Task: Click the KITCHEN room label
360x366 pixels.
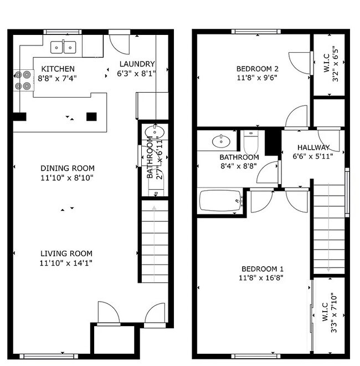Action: (58, 69)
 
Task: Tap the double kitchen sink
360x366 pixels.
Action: (63, 47)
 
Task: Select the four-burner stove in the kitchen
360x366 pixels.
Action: (24, 80)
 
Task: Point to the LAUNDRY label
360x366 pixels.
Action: (137, 64)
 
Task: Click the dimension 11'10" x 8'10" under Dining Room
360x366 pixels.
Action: (67, 178)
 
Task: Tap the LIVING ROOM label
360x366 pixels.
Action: (66, 253)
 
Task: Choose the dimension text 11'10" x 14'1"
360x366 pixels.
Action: (66, 263)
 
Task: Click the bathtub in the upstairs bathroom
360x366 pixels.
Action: (220, 201)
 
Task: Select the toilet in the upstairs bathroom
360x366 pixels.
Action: (251, 141)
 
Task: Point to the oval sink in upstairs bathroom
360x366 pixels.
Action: (221, 141)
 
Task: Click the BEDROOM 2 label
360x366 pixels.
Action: (257, 69)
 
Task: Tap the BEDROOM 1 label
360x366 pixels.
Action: (263, 269)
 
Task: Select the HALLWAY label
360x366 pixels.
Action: (313, 148)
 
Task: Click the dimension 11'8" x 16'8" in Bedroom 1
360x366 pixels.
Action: (261, 278)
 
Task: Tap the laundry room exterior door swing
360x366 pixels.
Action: (120, 44)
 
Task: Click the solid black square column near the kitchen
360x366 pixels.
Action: (91, 116)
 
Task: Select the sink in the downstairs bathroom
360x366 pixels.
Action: (155, 132)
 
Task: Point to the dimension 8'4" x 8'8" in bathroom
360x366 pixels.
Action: (239, 166)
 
